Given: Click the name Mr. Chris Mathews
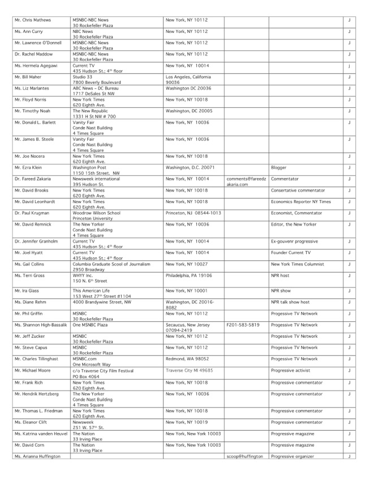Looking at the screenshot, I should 32,20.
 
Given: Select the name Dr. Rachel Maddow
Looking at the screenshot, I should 33,54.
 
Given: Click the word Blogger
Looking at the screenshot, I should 279,167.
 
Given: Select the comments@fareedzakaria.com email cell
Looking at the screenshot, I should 244,181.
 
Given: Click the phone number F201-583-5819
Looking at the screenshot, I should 243,325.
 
